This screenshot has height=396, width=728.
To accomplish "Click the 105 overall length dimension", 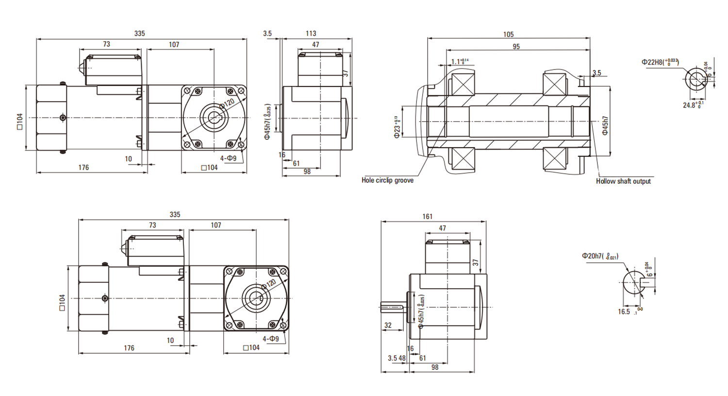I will tap(508, 34).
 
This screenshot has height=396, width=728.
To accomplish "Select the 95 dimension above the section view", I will tap(516, 47).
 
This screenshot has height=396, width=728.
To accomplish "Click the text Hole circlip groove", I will tap(387, 180).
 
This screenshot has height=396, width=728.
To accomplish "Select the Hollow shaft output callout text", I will tap(623, 181).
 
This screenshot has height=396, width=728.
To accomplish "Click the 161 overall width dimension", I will tap(428, 217).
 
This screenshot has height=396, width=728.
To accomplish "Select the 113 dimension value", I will tap(311, 34).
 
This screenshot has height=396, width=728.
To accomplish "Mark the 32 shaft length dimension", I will tap(388, 326).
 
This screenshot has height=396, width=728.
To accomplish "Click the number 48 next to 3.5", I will tap(402, 358).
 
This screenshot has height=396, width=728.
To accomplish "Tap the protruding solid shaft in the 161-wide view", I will tap(392, 306).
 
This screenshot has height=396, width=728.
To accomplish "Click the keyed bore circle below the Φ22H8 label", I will tap(696, 80).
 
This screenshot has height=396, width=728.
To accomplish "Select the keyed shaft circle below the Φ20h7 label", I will tap(634, 282).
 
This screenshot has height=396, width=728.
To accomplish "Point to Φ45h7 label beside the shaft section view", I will tap(605, 125).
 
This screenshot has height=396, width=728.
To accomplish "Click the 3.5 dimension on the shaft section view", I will tap(596, 73).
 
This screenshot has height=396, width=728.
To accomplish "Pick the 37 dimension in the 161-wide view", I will tap(476, 262).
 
